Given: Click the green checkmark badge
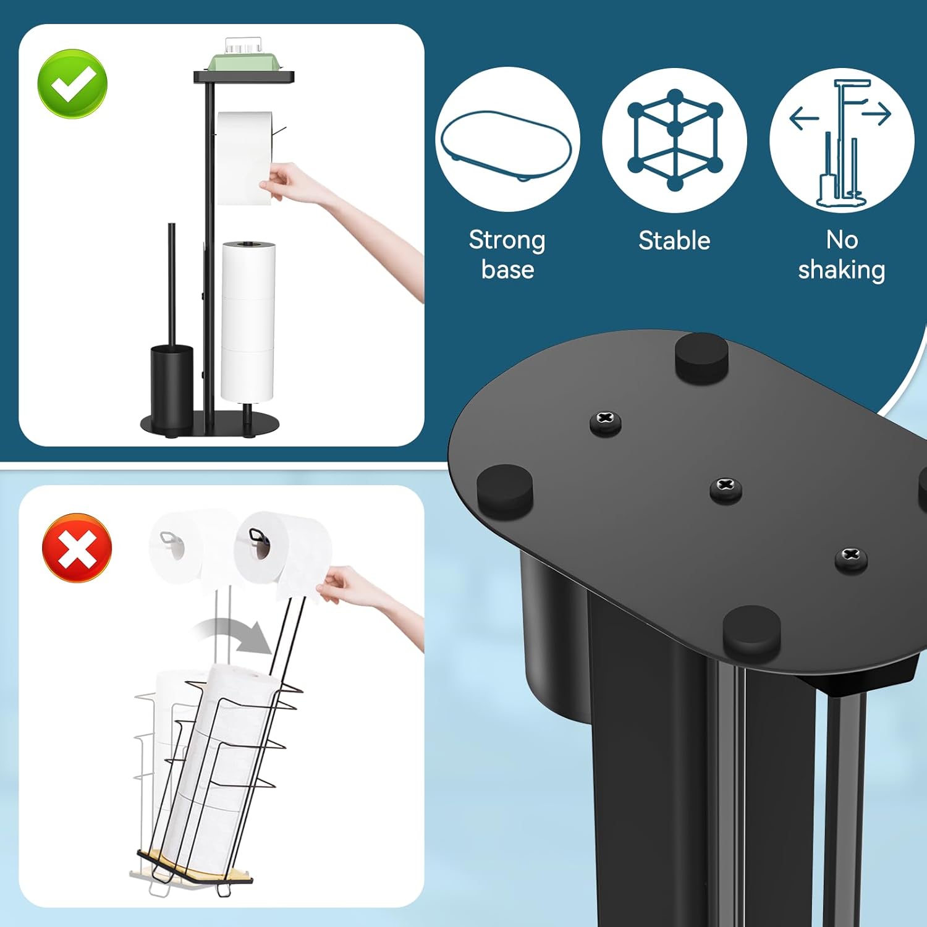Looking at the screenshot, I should click(x=72, y=83).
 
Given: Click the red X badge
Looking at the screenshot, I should click(x=77, y=548).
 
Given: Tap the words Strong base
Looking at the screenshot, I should click(x=507, y=255).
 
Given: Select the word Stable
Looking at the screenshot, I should click(x=674, y=240).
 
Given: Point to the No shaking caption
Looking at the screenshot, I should click(x=841, y=255).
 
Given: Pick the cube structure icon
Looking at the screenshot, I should click(x=674, y=140).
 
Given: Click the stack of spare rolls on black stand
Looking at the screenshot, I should click(x=248, y=321).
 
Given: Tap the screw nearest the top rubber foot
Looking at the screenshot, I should click(x=606, y=423).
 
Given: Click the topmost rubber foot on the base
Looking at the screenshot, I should click(x=701, y=355).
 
